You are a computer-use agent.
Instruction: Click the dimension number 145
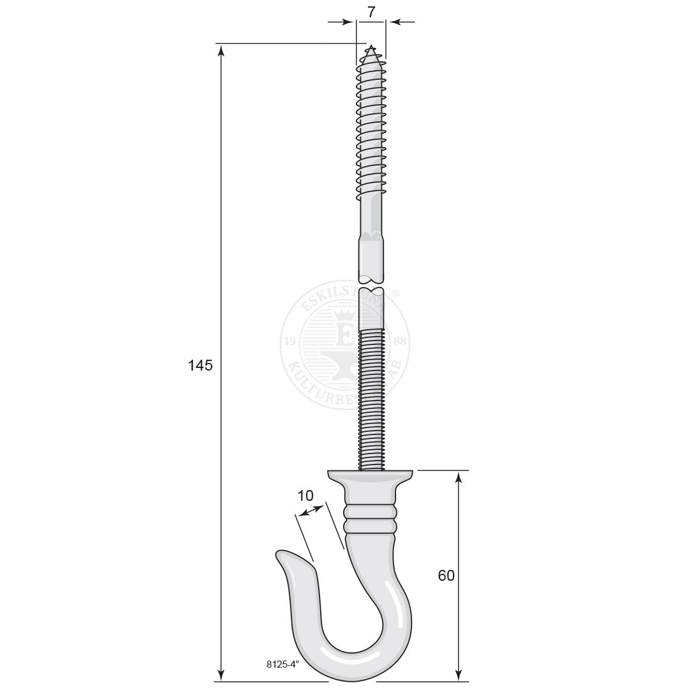pos(200,365)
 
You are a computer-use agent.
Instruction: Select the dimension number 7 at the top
pos(371,11)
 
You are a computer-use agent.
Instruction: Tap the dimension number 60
pos(446,575)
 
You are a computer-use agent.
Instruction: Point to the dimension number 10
pos(305,495)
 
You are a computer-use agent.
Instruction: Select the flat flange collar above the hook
pos(371,476)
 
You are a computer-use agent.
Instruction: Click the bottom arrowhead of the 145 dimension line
pos(222,675)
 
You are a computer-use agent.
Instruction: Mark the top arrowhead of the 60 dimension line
pos(458,477)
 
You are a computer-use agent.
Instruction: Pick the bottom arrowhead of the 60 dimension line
pos(458,675)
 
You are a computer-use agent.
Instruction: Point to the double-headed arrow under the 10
pos(311,510)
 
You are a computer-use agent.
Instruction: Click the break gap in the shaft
pos(371,285)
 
